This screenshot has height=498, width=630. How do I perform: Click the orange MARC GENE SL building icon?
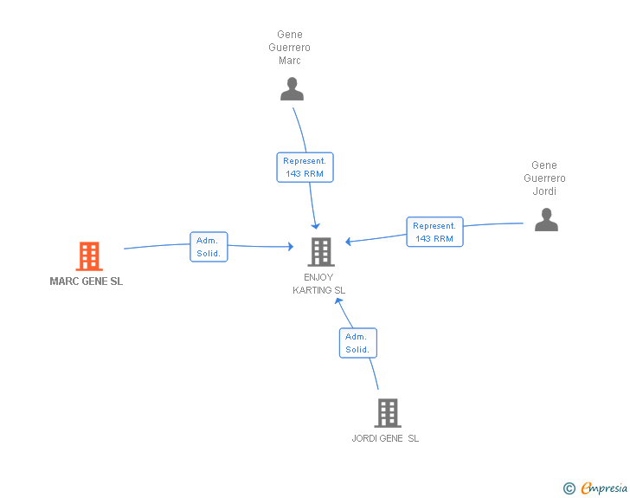tap(89, 256)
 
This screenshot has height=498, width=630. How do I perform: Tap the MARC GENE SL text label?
tap(86, 281)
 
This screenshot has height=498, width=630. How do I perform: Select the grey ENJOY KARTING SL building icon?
tap(321, 252)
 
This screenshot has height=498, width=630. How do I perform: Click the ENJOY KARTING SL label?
tap(318, 283)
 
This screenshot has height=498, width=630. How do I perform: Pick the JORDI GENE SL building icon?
tap(388, 413)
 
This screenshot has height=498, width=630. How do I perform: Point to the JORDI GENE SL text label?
tap(385, 438)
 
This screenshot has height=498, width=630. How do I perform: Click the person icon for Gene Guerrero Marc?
tap(292, 89)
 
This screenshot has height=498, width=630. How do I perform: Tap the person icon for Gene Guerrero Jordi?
tap(546, 220)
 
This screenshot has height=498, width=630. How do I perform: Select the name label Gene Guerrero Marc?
tap(289, 48)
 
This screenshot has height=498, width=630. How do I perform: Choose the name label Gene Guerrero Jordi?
tap(544, 178)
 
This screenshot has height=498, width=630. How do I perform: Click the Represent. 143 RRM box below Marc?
tap(305, 167)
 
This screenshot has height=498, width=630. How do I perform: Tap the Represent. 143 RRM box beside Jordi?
tap(434, 232)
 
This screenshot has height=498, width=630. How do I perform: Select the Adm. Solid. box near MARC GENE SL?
tap(209, 247)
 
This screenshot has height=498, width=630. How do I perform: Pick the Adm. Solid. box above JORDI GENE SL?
tap(358, 343)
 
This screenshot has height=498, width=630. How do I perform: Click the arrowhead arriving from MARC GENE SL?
tap(291, 246)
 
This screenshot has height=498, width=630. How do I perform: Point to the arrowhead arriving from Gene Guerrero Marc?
tap(315, 226)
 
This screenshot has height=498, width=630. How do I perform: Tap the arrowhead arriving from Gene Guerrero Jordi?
tap(349, 242)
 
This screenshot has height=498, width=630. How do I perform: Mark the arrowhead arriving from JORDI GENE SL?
tap(338, 301)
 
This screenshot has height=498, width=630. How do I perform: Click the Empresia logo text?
tap(604, 488)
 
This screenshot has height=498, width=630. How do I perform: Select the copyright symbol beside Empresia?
tap(569, 488)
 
